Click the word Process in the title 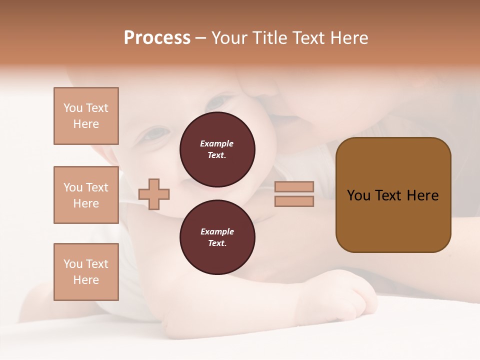point(157,38)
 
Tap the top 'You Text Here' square point(86,116)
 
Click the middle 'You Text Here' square point(86,195)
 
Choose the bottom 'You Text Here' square point(86,271)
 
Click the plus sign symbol point(154,194)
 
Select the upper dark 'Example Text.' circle point(217,149)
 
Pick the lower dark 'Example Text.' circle point(217,237)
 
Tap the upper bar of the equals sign point(294,186)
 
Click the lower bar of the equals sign point(294,201)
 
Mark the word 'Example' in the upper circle point(217,143)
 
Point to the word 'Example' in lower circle point(217,231)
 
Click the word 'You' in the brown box point(358,195)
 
